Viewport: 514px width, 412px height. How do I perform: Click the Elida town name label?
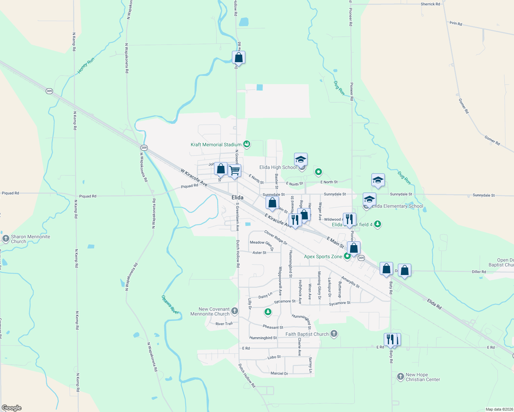tap(237, 197)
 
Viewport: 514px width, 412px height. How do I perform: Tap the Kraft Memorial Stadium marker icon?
tap(246, 145)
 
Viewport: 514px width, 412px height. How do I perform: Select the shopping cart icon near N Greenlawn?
tap(234, 171)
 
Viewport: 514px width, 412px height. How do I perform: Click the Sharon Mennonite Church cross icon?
tap(5, 239)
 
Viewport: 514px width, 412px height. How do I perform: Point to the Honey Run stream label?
tap(86, 66)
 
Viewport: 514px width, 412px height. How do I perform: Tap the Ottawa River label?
tap(170, 305)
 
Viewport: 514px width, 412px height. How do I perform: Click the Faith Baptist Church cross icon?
tap(334, 334)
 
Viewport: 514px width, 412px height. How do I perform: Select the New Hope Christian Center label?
tap(423, 377)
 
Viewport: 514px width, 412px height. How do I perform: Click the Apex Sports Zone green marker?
tap(347, 256)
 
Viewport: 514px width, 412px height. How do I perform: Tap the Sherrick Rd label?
tap(430, 4)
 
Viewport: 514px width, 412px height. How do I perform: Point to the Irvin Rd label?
tap(456, 23)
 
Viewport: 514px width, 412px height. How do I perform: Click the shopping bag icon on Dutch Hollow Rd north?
tap(238, 58)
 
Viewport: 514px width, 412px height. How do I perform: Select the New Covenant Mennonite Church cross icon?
tap(235, 311)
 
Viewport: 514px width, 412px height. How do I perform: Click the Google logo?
tap(12, 408)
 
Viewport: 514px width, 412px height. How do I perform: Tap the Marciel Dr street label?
tap(279, 373)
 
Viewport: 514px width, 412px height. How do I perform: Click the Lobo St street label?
tap(274, 357)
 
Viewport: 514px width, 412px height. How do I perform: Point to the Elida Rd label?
tap(434, 304)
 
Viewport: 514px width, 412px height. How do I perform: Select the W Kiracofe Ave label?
tap(194, 177)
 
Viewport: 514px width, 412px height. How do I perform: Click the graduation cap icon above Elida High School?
tap(301, 160)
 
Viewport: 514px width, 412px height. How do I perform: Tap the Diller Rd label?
tap(479, 272)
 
